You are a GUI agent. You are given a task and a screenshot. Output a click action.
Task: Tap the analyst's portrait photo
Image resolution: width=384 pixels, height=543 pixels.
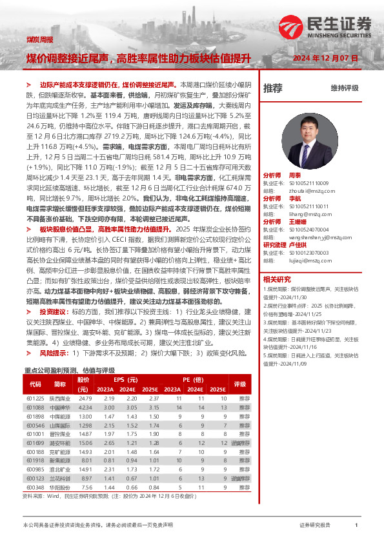(305, 137)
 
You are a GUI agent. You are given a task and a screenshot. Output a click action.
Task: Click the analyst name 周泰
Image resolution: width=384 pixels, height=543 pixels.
(294, 175)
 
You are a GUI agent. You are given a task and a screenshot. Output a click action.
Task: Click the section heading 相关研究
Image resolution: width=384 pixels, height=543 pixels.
(277, 279)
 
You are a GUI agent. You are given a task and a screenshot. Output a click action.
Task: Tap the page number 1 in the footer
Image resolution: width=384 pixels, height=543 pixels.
(356, 526)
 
